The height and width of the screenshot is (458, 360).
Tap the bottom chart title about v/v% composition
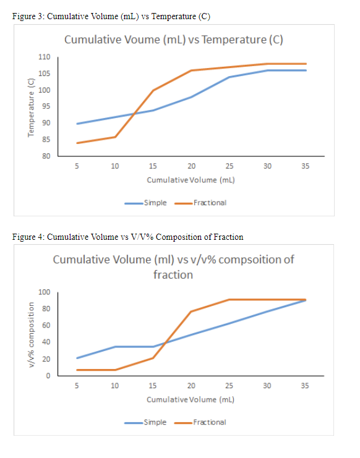coord(173,266)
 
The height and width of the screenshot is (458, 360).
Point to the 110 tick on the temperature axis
coord(44,57)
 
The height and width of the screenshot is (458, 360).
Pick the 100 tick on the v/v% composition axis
coord(44,292)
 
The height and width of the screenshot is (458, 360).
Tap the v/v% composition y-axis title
coord(30,334)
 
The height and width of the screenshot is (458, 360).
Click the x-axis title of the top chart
coord(191,180)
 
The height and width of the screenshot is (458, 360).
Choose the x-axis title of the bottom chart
coord(191,399)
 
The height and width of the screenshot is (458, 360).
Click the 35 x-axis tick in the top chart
coord(305,166)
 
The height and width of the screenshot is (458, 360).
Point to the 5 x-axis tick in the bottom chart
coord(77,386)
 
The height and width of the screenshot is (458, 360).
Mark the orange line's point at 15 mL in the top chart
coord(153,90)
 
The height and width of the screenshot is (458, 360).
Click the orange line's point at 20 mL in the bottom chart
coord(191,312)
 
